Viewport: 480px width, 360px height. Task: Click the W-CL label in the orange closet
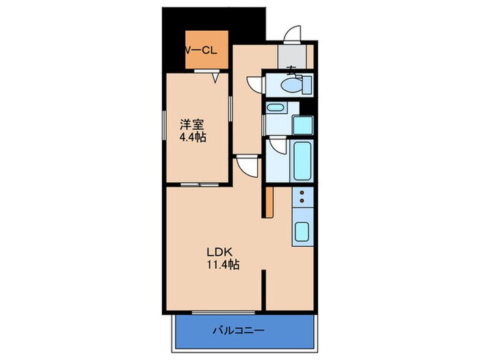tap(204, 51)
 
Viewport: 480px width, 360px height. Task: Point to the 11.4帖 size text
tap(222, 264)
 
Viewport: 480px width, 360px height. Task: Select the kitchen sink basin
tap(302, 232)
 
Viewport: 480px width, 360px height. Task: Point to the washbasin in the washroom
tap(276, 108)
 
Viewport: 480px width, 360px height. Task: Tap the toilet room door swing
tap(255, 83)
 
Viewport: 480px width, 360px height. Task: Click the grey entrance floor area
tap(291, 56)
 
